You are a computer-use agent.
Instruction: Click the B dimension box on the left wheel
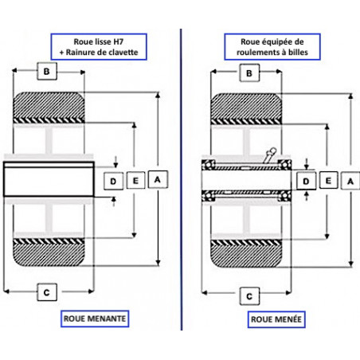pyautogui.click(x=47, y=71)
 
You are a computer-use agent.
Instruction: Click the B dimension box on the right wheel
pyautogui.click(x=249, y=72)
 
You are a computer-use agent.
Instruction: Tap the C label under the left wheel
pyautogui.click(x=47, y=292)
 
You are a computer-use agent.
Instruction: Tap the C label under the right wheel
pyautogui.click(x=249, y=296)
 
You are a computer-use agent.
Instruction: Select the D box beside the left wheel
pyautogui.click(x=113, y=181)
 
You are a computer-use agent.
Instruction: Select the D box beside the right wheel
pyautogui.click(x=306, y=181)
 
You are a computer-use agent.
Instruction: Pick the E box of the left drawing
pyautogui.click(x=135, y=181)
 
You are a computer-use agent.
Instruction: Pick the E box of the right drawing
pyautogui.click(x=328, y=180)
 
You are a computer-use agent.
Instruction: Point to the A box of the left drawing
pyautogui.click(x=158, y=180)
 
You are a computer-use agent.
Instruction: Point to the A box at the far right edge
pyautogui.click(x=350, y=181)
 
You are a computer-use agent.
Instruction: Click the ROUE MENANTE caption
pyautogui.click(x=95, y=319)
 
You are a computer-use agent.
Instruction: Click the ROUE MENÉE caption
pyautogui.click(x=276, y=319)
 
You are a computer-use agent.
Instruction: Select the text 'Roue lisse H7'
pyautogui.click(x=99, y=41)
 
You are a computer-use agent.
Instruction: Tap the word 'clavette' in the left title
pyautogui.click(x=123, y=53)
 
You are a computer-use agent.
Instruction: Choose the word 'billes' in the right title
pyautogui.click(x=298, y=53)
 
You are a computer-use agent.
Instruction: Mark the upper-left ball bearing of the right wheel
pyautogui.click(x=208, y=165)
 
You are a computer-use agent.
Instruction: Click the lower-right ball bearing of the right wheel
pyautogui.click(x=284, y=196)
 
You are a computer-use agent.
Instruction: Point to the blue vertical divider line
pyautogui.click(x=182, y=179)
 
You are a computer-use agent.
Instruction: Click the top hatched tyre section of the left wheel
pyautogui.click(x=49, y=105)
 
